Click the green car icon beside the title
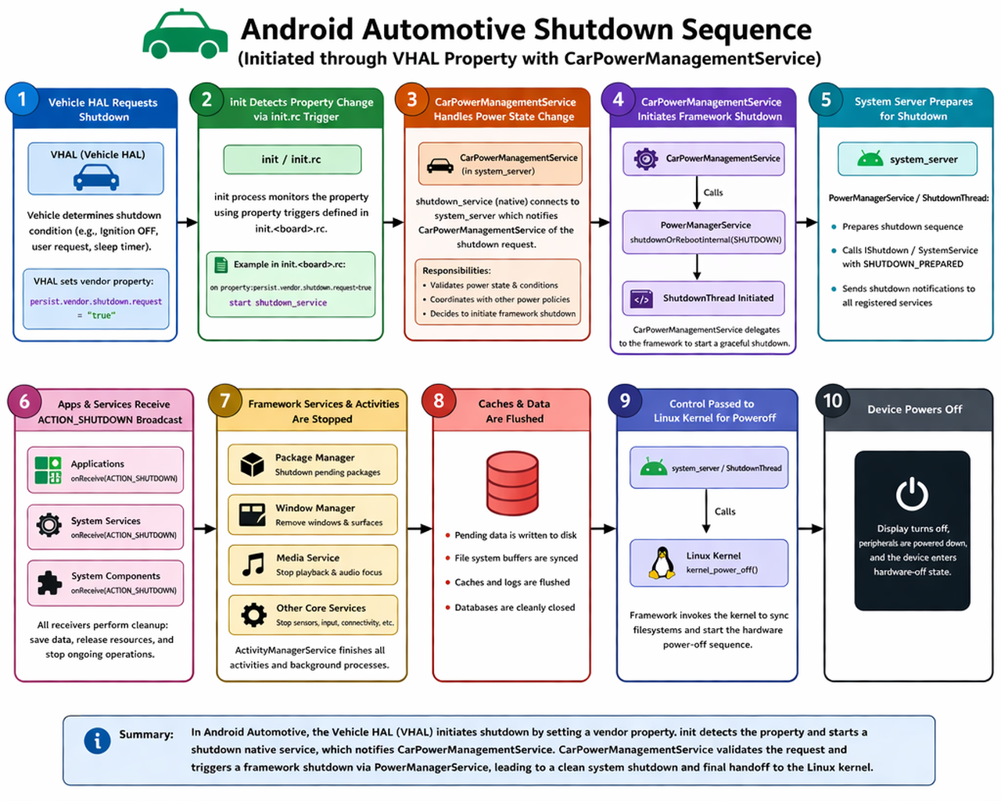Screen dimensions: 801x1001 click(185, 35)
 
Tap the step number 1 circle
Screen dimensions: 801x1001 click(22, 99)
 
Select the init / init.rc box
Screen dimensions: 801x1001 click(292, 160)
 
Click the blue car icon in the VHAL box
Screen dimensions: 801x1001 click(96, 178)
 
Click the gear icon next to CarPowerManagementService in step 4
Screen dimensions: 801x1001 click(645, 159)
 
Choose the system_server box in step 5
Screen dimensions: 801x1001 click(907, 160)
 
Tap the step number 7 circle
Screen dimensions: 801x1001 click(225, 401)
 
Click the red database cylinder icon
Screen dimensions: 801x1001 click(512, 481)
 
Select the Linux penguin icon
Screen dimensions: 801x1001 click(662, 562)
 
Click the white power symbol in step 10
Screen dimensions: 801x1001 click(912, 494)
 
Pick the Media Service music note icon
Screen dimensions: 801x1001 click(253, 564)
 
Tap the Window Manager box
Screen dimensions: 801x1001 click(312, 515)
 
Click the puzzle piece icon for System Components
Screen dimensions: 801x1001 click(49, 583)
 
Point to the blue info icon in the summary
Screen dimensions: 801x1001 click(97, 741)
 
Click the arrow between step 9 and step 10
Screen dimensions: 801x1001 click(811, 529)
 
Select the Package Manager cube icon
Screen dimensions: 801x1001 click(253, 465)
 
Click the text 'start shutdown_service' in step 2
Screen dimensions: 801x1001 click(278, 303)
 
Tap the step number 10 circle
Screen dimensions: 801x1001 click(832, 401)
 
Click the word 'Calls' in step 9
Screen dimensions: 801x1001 click(725, 512)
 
